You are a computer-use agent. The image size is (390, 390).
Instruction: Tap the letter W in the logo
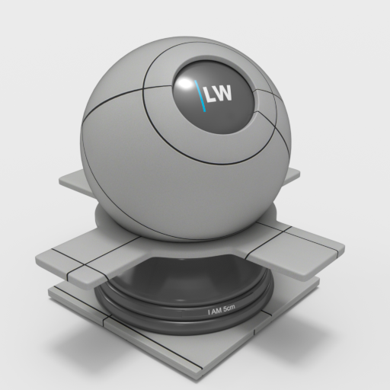pos(223,93)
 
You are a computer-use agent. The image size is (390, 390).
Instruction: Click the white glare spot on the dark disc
pos(185,83)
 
